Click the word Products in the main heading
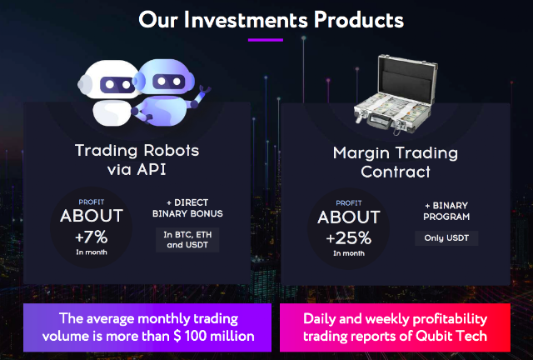pos(359,19)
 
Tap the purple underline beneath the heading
pos(266,40)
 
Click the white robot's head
pos(109,80)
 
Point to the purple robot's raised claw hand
pos(205,91)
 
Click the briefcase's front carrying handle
pos(376,122)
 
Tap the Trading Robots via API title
pos(137,160)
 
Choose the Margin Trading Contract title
pos(396,162)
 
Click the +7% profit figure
pos(91,237)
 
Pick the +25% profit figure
pos(348,237)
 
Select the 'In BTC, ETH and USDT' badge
pos(187,239)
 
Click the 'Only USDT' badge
pos(446,237)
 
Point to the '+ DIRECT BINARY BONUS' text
pos(187,207)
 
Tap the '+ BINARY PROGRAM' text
pos(446,211)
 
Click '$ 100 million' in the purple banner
pos(214,336)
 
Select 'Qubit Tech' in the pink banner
pos(451,336)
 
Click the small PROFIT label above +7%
pos(92,202)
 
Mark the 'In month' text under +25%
pos(349,253)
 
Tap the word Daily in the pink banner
pos(319,319)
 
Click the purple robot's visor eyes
pos(169,82)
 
